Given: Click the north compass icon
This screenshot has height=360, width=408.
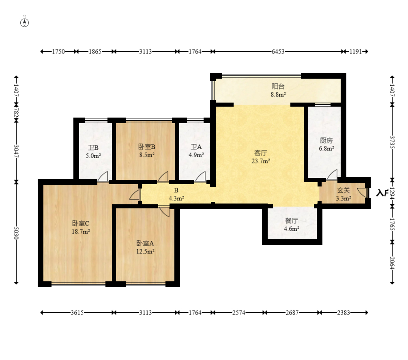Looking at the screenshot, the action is [x=24, y=23].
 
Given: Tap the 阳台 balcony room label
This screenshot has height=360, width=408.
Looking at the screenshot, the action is [x=278, y=86].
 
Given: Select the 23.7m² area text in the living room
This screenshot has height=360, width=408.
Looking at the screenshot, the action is [x=260, y=161].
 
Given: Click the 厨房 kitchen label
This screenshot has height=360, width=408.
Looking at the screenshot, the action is [x=326, y=140].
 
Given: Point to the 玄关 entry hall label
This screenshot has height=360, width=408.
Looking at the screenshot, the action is [x=343, y=190].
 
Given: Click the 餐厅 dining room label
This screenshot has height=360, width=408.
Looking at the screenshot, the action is [x=292, y=221].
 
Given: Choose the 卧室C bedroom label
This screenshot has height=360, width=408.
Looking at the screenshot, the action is [x=81, y=223].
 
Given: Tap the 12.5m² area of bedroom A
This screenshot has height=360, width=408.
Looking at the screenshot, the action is [x=145, y=251].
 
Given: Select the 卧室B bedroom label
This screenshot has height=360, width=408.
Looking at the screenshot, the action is [x=147, y=147].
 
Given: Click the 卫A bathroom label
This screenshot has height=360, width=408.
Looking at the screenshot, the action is [x=196, y=147].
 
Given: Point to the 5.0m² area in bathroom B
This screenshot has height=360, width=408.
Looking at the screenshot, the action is [x=93, y=156].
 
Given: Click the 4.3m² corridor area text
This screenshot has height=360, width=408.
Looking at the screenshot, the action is [x=176, y=199].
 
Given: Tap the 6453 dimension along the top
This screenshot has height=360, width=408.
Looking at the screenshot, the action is [x=278, y=51].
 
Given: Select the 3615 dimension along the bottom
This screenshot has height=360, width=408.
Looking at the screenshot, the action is [x=77, y=313].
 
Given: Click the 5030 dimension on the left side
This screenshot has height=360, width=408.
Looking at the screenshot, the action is [x=16, y=233].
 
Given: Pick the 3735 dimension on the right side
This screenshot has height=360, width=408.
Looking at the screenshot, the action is [x=392, y=142].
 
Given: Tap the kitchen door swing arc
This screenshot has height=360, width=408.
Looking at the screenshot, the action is [x=332, y=174].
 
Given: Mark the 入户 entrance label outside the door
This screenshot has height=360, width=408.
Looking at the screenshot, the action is [x=382, y=193].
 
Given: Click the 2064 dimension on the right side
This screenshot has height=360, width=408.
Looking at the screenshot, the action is [x=392, y=263].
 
